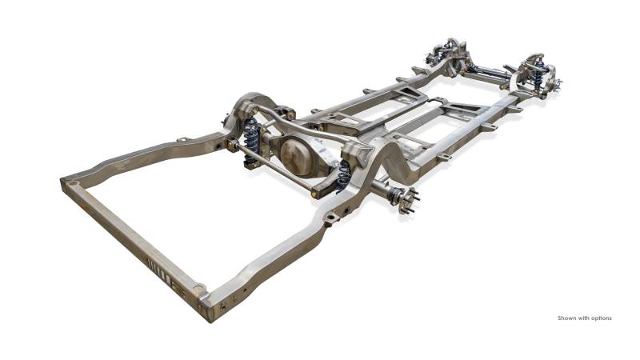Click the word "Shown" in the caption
click(x=566, y=318)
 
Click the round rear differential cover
click(x=298, y=157)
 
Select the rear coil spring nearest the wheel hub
click(x=344, y=176)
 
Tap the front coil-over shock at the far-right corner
click(x=539, y=74)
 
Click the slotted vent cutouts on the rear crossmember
click(x=158, y=270)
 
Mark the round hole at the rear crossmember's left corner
click(x=73, y=184)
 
